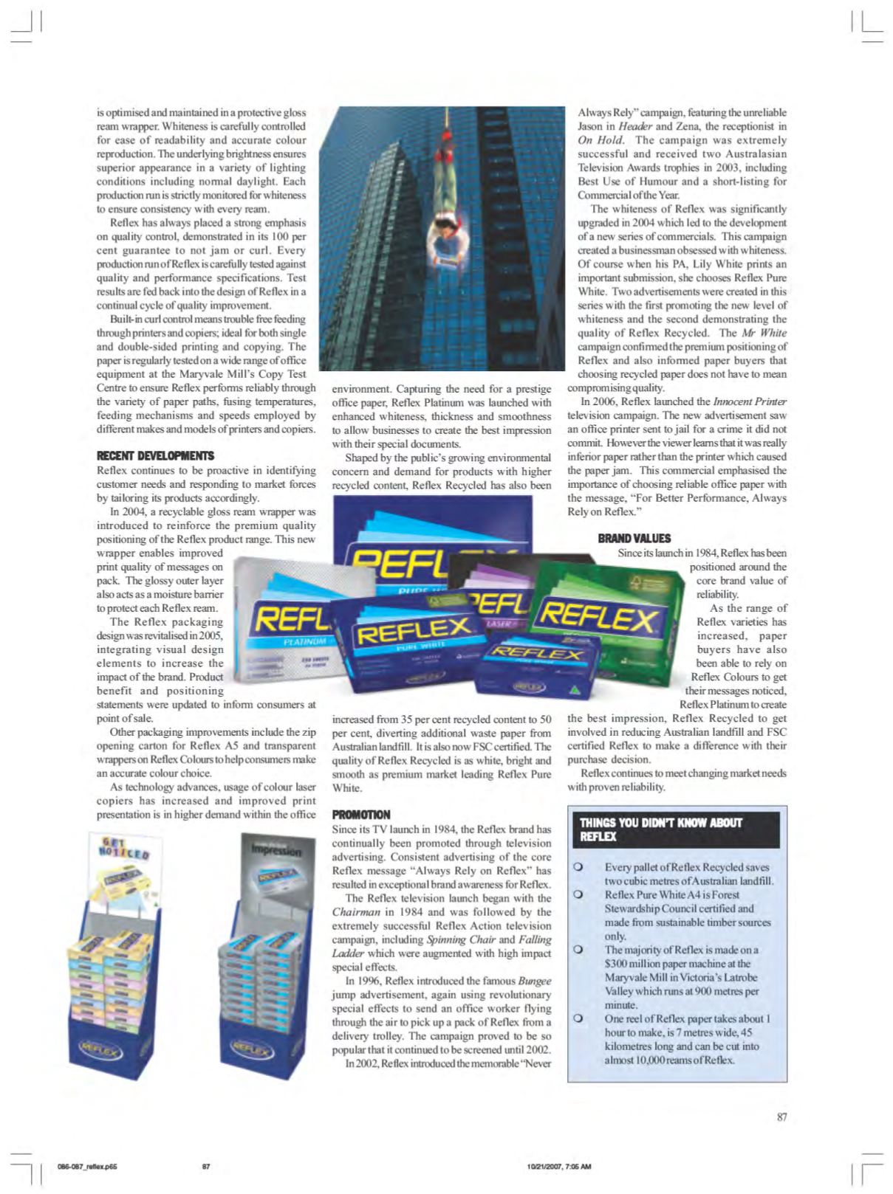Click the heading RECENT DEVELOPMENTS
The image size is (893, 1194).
click(155, 456)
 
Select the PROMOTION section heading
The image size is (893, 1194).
click(361, 815)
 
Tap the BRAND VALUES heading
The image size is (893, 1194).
click(634, 539)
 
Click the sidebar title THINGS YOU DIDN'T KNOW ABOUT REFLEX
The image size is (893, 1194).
click(661, 829)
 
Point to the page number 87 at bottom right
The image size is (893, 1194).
click(781, 1117)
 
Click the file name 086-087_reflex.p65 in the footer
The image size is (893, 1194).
click(87, 1167)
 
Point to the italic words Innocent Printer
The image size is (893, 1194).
click(750, 401)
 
